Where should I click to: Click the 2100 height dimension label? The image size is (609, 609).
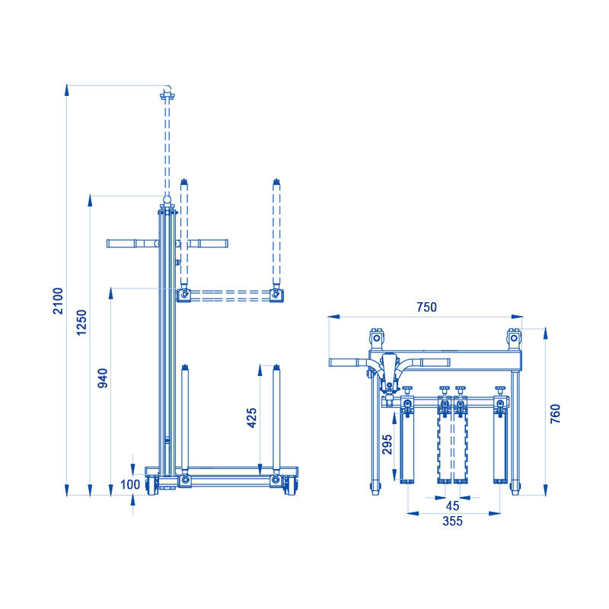pos(58,301)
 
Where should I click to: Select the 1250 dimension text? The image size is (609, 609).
pos(81,322)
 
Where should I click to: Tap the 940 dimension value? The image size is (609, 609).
pos(103,378)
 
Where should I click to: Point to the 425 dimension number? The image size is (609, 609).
pos(252,418)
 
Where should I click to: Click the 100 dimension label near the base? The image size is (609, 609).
pos(129,485)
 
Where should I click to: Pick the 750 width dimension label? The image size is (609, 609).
pos(426,308)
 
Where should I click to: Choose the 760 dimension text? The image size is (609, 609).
pos(556,413)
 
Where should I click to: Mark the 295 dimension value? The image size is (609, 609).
pos(387,445)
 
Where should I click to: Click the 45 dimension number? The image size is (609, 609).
pos(452,505)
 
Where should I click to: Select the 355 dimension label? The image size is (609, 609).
pos(452,521)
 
